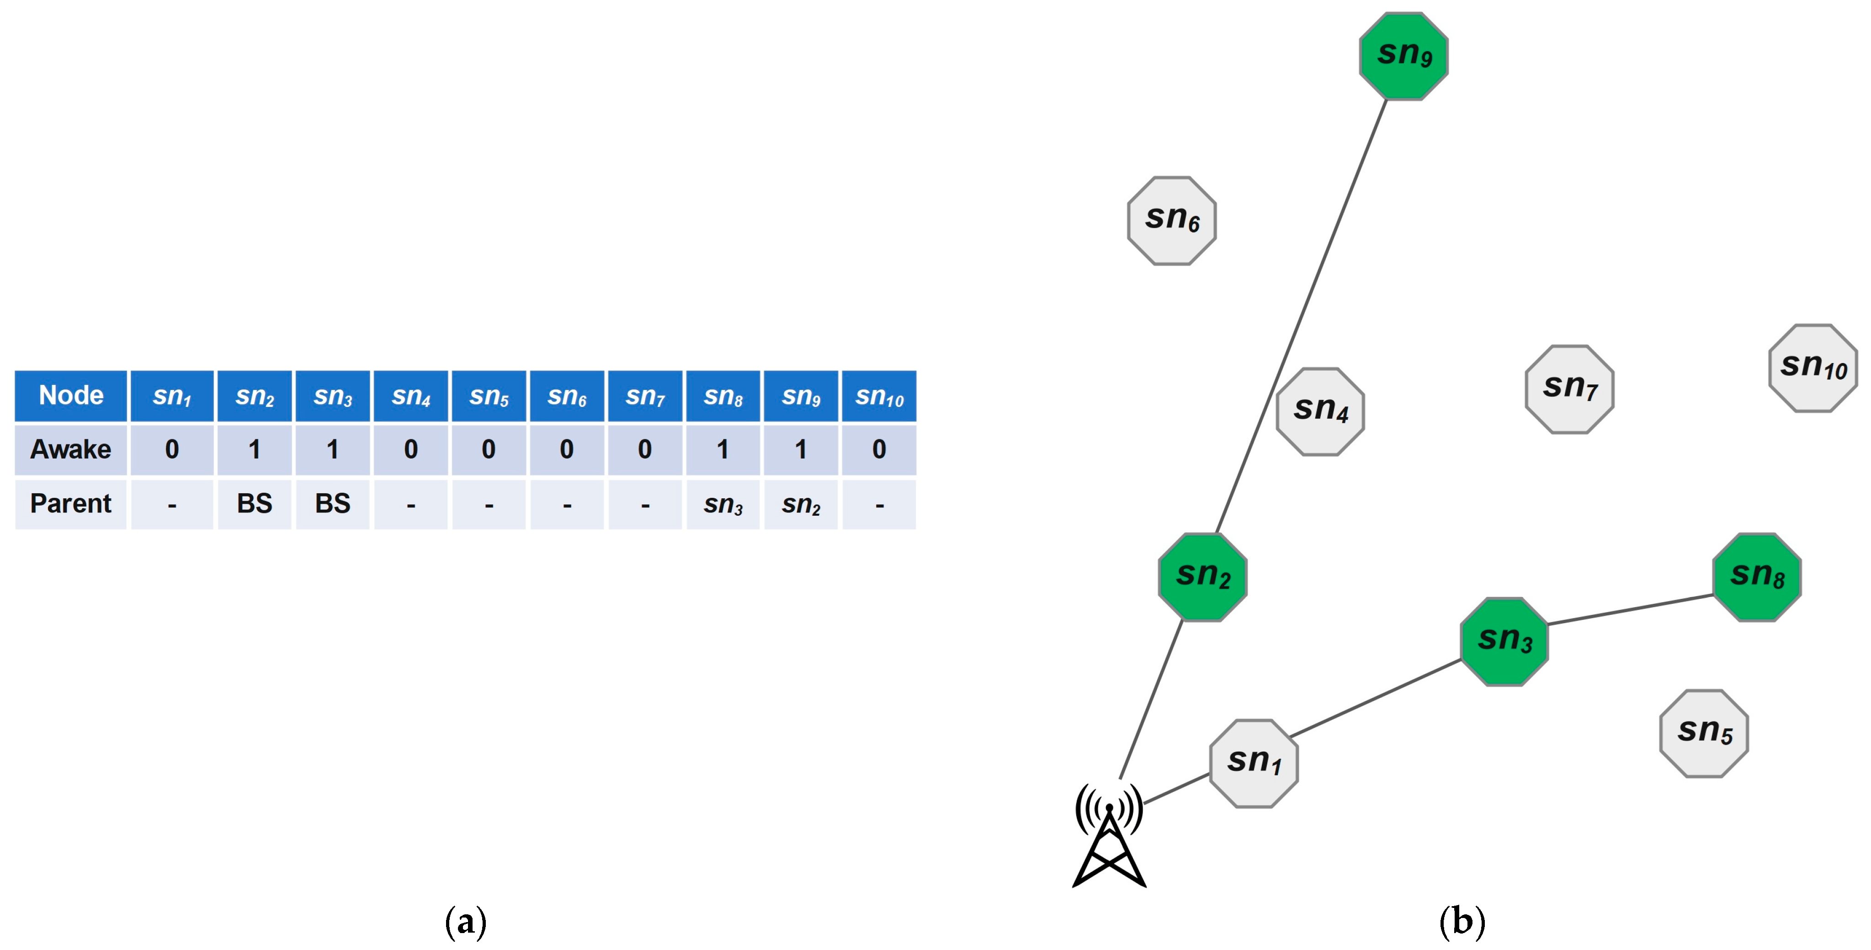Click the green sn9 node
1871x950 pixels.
pos(1403,56)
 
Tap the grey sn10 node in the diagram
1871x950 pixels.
pos(1812,368)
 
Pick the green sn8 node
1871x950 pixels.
pos(1756,577)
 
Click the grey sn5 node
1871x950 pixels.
pos(1703,734)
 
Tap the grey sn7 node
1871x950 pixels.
pos(1569,390)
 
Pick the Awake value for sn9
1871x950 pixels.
pos(800,449)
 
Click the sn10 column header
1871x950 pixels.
pos(879,396)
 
